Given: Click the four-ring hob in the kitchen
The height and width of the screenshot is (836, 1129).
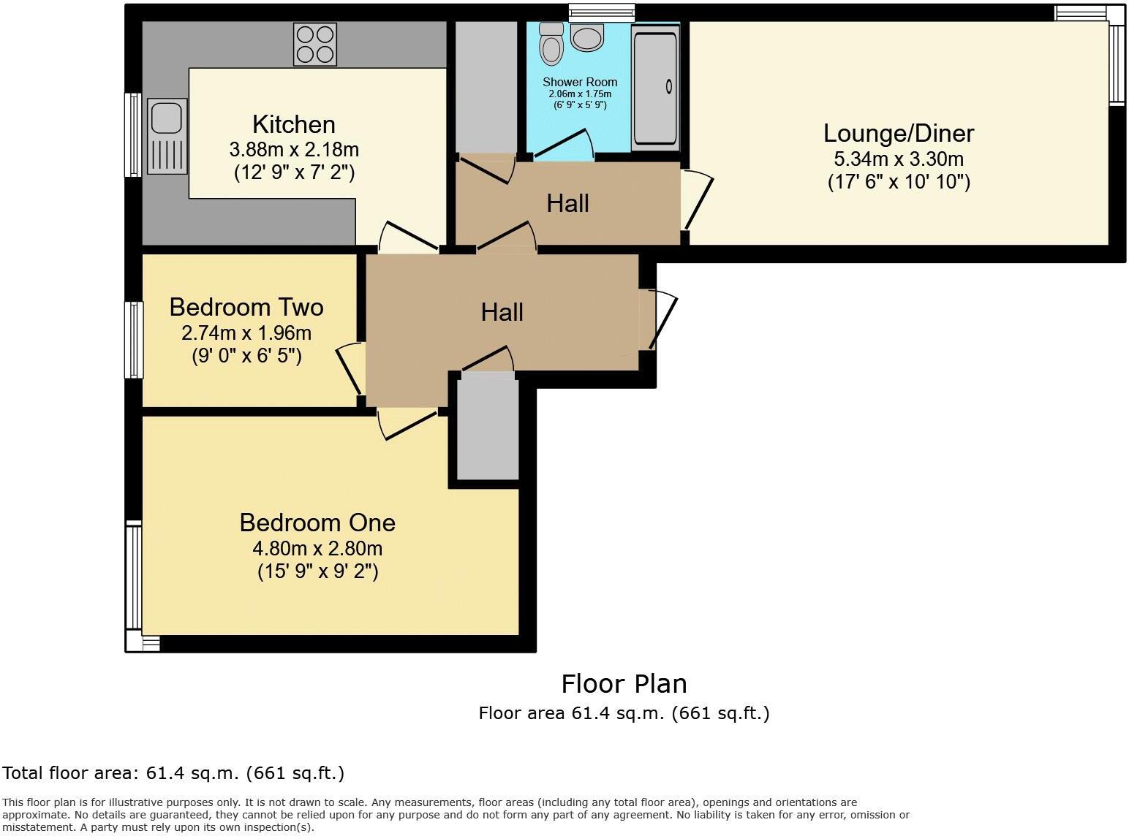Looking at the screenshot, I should click(315, 44).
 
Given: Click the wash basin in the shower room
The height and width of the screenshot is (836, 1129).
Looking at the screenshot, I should click(587, 37).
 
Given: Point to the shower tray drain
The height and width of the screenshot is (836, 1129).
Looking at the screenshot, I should click(668, 87).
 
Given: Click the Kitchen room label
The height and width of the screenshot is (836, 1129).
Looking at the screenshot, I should click(293, 124).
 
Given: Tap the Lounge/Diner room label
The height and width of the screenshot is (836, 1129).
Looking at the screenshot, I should click(899, 133).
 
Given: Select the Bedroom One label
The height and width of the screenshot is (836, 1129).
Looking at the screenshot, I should click(317, 522).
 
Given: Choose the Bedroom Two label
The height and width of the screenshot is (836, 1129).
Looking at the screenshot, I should click(246, 307).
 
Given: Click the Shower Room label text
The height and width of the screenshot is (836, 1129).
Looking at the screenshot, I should click(579, 82).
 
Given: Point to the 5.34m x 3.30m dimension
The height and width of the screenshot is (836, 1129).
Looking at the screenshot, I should click(899, 159).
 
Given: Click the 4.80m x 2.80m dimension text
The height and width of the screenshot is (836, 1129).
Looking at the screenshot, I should click(317, 548).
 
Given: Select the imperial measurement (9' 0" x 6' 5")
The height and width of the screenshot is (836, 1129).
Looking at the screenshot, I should click(246, 356).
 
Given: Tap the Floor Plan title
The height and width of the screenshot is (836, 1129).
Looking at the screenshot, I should click(624, 684).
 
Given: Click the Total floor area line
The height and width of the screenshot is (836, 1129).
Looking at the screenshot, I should click(173, 773).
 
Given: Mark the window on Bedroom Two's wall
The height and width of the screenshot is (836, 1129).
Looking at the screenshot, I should click(134, 340).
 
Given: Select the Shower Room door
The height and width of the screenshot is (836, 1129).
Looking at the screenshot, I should click(563, 145).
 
